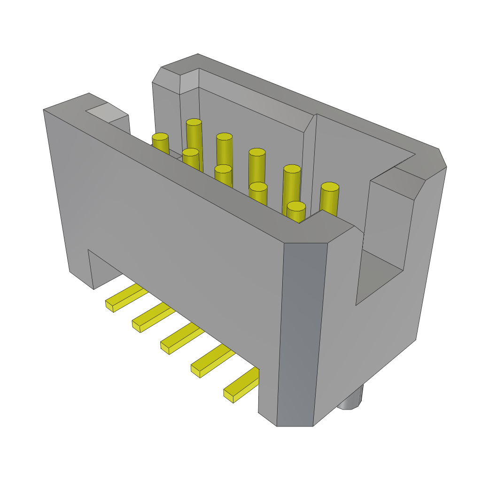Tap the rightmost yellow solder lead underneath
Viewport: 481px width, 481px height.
(241, 385)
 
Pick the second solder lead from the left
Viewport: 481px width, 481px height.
(153, 317)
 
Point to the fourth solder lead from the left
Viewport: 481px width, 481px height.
(212, 361)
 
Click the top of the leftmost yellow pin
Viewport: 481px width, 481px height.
(160, 137)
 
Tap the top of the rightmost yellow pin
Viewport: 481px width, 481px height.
(330, 186)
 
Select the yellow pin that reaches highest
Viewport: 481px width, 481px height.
(194, 123)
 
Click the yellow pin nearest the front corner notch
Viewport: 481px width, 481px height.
(296, 206)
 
